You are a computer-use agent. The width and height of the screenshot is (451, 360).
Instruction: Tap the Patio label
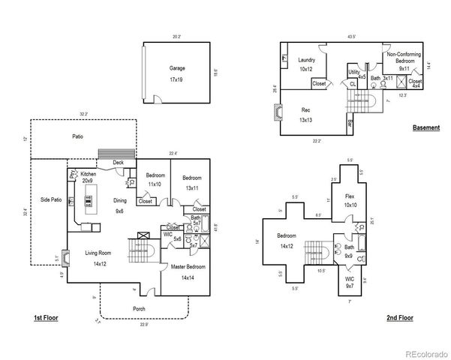(x=77, y=136)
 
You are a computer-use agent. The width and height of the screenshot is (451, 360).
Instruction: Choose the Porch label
(x=139, y=308)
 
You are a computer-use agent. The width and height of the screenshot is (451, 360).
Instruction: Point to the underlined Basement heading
(x=425, y=128)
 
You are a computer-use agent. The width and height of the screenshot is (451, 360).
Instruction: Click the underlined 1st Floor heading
(x=46, y=318)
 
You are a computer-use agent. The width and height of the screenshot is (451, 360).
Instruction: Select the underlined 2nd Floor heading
(x=400, y=318)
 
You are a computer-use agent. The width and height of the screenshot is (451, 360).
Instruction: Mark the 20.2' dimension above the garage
(x=176, y=36)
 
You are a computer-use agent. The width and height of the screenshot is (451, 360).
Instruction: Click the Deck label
(x=118, y=162)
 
